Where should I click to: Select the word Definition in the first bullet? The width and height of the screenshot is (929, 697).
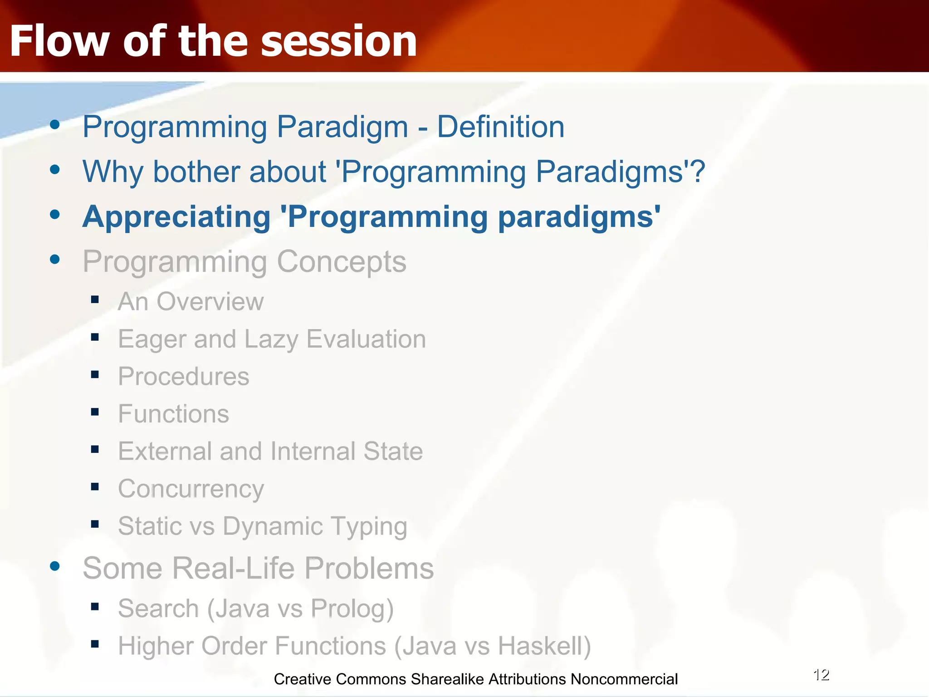[500, 127]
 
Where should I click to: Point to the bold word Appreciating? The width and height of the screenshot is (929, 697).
[176, 217]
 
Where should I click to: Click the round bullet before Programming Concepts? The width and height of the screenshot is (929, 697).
[55, 260]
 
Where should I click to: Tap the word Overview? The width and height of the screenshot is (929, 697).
[210, 302]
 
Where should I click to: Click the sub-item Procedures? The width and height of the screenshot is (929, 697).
[183, 377]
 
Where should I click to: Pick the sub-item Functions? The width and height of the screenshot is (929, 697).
[173, 414]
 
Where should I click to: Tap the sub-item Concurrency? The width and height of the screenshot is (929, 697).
[191, 489]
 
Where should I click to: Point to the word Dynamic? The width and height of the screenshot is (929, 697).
[273, 526]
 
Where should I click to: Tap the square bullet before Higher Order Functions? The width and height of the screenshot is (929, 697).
[95, 644]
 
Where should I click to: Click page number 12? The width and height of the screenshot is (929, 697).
[821, 675]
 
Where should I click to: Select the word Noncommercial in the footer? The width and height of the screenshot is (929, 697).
[624, 679]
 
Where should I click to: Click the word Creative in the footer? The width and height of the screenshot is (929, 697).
[303, 679]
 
